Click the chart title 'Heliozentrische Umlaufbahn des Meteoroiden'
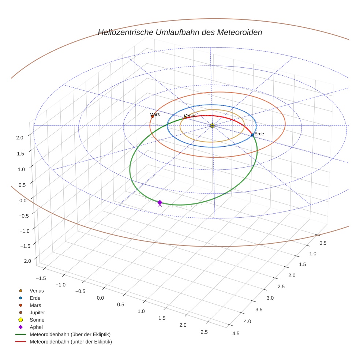pyautogui.click(x=180, y=32)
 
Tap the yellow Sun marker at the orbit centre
pyautogui.click(x=212, y=125)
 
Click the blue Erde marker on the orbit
pyautogui.click(x=252, y=135)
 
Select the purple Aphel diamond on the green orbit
pyautogui.click(x=160, y=202)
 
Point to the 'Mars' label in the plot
pyautogui.click(x=155, y=115)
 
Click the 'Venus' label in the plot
pyautogui.click(x=190, y=116)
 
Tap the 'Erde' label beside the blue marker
pyautogui.click(x=259, y=134)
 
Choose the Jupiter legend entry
pyautogui.click(x=37, y=312)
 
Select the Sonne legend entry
pyautogui.click(x=37, y=320)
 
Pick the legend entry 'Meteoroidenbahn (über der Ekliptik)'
pyautogui.click(x=70, y=334)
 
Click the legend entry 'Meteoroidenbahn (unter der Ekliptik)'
pyautogui.click(x=71, y=342)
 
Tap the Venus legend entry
pyautogui.click(x=37, y=290)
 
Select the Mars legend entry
pyautogui.click(x=35, y=305)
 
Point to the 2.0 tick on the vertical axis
pyautogui.click(x=20, y=137)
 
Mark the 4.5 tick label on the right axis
pyautogui.click(x=236, y=333)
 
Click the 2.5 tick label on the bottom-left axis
pyautogui.click(x=204, y=332)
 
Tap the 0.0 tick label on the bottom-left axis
pyautogui.click(x=100, y=298)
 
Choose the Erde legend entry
pyautogui.click(x=35, y=298)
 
